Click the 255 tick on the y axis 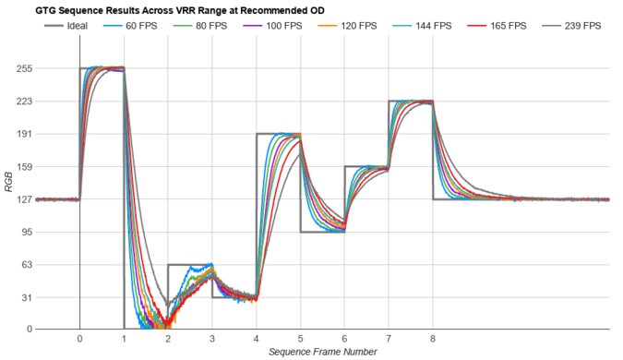24,68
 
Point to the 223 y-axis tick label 24,101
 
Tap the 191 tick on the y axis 24,134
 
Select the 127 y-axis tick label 24,199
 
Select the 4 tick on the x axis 256,339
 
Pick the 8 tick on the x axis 432,339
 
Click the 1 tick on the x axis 124,339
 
